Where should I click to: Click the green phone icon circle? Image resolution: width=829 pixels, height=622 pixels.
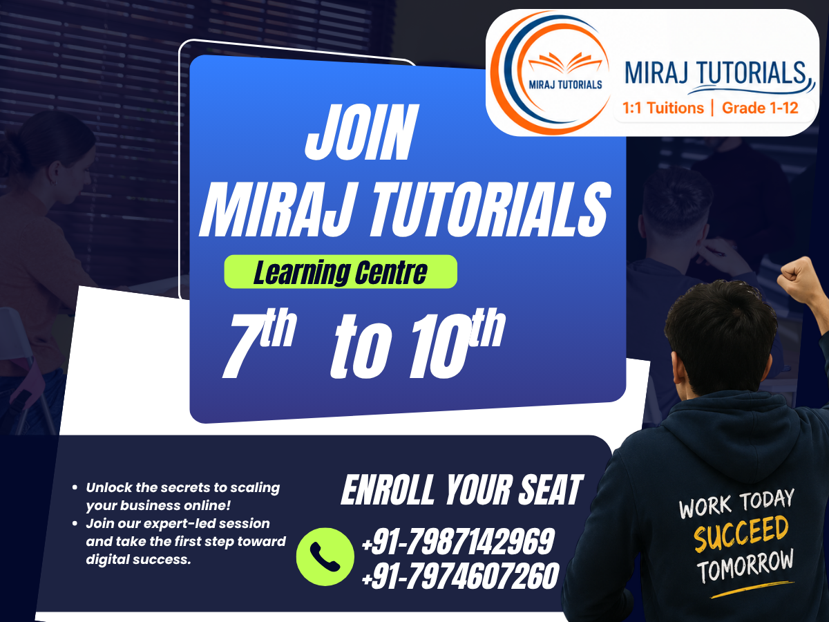[325, 556]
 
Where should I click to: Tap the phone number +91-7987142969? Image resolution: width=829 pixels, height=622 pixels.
[458, 542]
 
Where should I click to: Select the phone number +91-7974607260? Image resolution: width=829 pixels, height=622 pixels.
[460, 576]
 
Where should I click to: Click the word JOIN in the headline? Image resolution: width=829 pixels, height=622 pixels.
[362, 132]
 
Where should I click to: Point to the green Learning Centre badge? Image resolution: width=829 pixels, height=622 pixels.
[341, 272]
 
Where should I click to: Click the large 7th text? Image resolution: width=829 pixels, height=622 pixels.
[260, 343]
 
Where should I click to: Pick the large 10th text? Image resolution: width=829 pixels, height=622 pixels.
[457, 343]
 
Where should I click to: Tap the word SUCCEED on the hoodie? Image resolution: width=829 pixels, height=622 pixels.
[741, 534]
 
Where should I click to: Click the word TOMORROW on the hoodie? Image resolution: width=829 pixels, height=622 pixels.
[745, 567]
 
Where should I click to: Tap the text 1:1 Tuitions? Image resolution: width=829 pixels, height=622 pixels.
[663, 108]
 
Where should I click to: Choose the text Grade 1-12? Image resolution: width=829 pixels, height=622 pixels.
[760, 108]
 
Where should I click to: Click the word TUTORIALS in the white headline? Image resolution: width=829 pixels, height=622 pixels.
[490, 209]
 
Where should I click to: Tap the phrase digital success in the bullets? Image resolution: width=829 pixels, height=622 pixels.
[138, 559]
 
